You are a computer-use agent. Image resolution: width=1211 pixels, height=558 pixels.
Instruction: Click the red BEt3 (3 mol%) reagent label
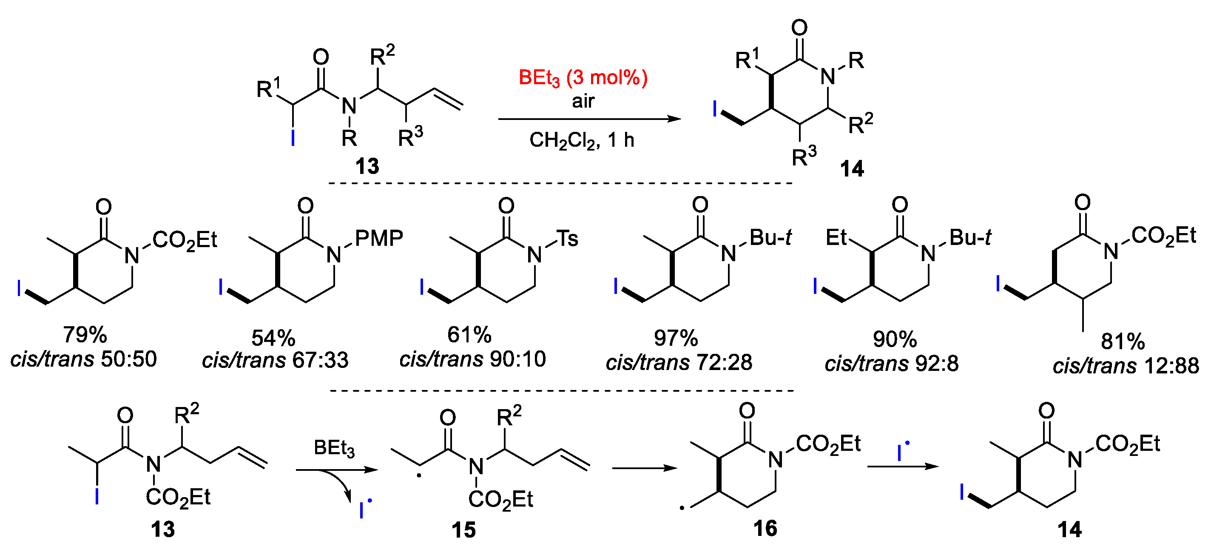coord(583,78)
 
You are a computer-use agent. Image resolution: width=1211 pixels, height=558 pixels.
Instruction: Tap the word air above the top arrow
coord(583,101)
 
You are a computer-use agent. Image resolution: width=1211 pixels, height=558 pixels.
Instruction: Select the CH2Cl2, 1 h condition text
coord(582,140)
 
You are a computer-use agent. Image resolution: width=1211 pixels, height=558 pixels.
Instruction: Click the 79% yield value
coord(85,335)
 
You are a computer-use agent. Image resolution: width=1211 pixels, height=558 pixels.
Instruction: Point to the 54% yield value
coord(273,338)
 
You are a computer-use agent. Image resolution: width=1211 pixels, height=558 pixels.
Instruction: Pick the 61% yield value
coord(469,335)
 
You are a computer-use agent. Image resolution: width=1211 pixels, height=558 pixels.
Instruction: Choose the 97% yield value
coord(676,338)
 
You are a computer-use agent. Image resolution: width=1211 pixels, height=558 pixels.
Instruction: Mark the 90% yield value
coord(895,339)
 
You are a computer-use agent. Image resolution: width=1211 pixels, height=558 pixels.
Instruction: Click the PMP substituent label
coord(379,238)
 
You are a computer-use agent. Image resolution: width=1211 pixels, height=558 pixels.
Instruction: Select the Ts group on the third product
coord(567,239)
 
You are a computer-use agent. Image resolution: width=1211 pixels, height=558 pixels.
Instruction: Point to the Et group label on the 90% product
coord(836,238)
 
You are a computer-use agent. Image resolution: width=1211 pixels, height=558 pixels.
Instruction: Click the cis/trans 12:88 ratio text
coord(1126,366)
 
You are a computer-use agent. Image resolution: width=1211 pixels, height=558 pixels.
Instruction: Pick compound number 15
coord(463,530)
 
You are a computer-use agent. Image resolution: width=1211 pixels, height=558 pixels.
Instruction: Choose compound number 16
coord(765,528)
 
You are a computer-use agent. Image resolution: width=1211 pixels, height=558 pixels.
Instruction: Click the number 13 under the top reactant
coord(367,166)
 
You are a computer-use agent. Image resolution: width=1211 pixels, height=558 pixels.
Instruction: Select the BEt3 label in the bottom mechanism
coord(334,448)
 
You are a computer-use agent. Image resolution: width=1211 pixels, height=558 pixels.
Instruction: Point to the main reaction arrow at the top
coord(589,119)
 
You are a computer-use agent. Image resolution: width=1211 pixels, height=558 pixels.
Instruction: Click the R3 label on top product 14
coord(804,156)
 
